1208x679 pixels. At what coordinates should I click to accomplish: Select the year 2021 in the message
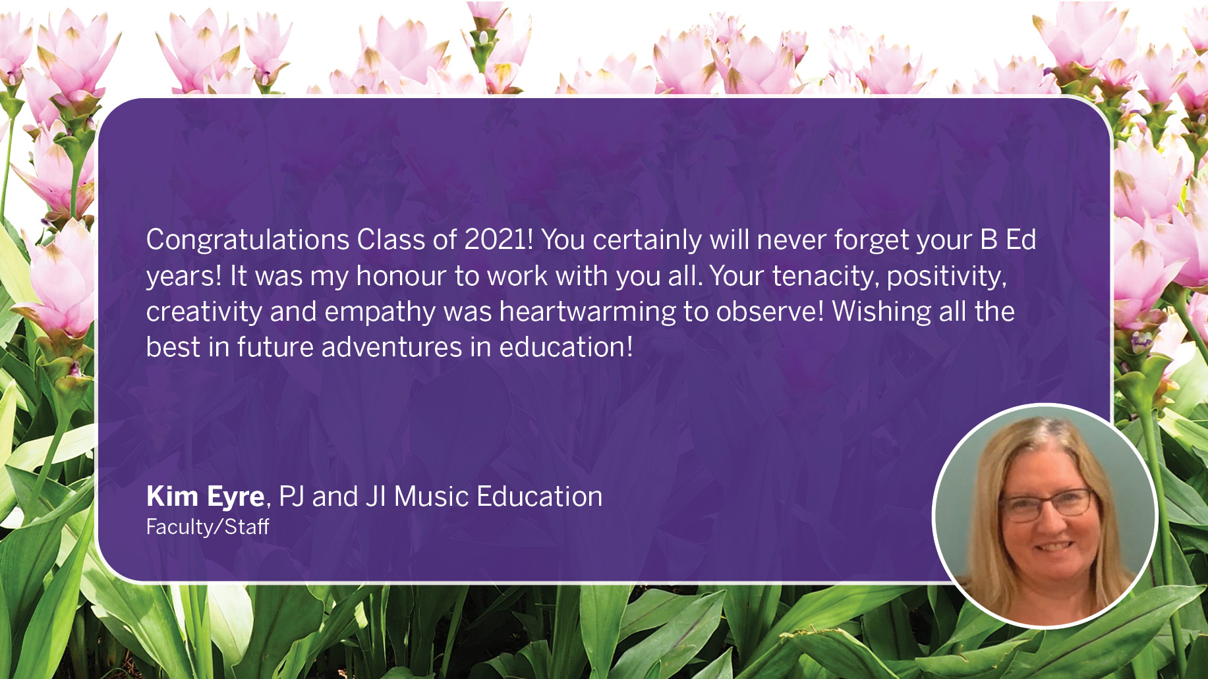(x=497, y=240)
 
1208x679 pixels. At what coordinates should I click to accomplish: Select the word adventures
(x=391, y=348)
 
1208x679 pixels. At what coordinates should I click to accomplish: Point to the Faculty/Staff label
(x=208, y=527)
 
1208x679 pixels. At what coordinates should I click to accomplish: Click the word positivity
(x=946, y=277)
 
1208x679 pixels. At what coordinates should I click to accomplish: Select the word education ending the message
(x=566, y=348)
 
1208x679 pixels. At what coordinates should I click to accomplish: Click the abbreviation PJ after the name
(x=291, y=497)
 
